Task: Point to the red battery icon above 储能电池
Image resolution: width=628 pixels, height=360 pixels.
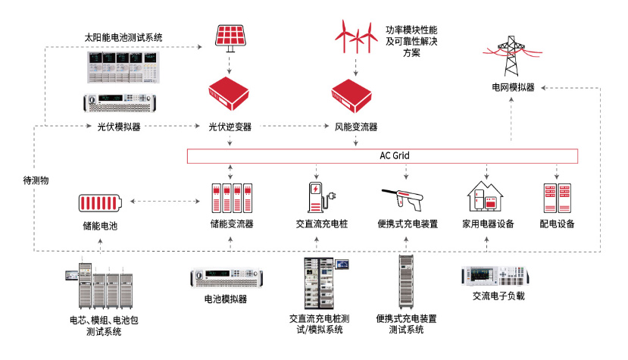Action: pos(100,203)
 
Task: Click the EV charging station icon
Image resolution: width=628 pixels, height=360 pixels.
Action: pos(319,198)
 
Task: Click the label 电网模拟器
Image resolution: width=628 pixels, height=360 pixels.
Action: pos(513,88)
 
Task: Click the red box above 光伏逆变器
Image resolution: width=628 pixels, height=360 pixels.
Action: pos(230,93)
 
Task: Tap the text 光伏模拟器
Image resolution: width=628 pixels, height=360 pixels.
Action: pos(119,127)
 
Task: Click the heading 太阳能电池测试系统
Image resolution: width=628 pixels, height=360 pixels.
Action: pos(123,36)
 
